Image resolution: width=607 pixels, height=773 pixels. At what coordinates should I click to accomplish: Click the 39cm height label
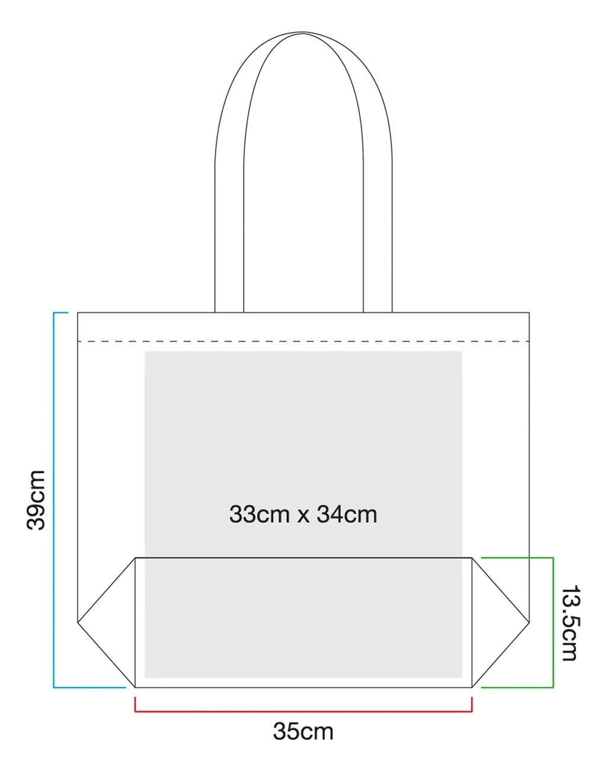(x=36, y=500)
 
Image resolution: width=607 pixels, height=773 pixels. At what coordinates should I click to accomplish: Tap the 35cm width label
(x=303, y=732)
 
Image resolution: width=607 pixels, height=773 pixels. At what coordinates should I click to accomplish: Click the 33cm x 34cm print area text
(x=303, y=514)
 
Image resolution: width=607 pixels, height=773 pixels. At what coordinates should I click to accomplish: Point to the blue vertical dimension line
(x=54, y=500)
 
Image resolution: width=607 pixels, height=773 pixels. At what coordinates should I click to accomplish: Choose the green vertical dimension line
(x=553, y=622)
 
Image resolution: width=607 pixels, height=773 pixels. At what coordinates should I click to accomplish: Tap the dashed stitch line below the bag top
(x=303, y=341)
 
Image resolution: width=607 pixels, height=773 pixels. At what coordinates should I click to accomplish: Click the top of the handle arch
(x=303, y=32)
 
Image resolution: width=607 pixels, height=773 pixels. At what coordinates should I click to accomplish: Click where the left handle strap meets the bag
(x=229, y=312)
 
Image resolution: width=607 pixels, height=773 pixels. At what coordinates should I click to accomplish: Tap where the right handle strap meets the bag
(x=378, y=312)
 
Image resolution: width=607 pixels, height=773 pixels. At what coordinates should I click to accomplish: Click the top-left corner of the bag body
(x=78, y=312)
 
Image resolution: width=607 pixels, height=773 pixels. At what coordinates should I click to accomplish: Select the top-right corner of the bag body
(x=529, y=312)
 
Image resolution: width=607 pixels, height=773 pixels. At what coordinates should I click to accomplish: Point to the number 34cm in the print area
(x=347, y=514)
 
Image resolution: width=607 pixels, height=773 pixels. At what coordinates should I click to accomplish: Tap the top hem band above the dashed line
(x=303, y=327)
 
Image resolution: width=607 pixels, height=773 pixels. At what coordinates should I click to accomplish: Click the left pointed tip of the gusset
(x=78, y=622)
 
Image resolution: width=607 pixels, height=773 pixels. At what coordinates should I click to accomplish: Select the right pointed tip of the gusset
(x=529, y=622)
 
